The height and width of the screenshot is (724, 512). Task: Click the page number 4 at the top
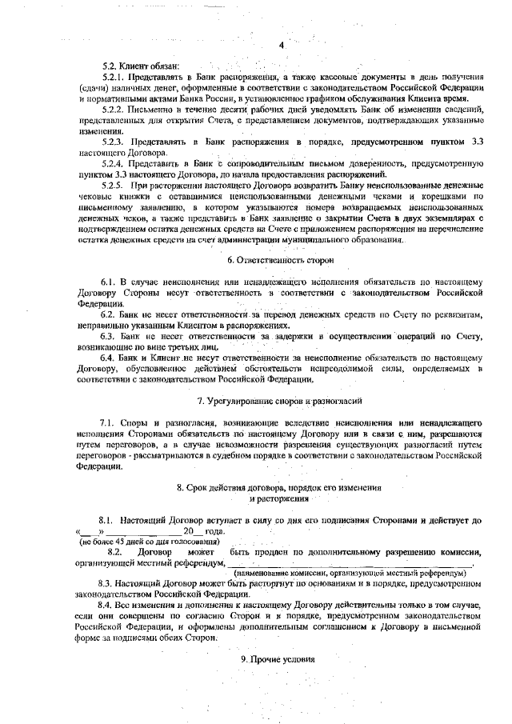(x=282, y=45)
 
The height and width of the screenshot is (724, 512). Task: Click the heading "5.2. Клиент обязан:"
(x=142, y=66)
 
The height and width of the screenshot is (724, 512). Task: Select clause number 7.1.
(x=109, y=421)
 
